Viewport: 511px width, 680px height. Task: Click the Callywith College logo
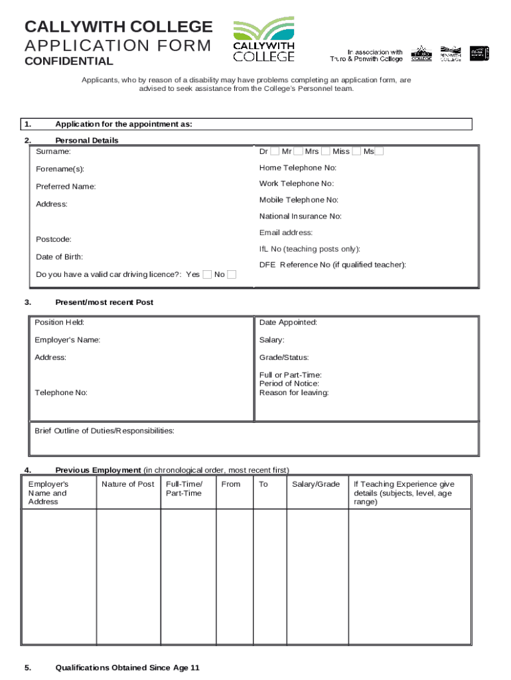click(263, 40)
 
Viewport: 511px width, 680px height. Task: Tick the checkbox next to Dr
click(275, 151)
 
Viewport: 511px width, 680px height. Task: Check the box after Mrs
click(325, 151)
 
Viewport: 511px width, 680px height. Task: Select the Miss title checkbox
click(356, 151)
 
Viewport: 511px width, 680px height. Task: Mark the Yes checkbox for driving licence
click(208, 274)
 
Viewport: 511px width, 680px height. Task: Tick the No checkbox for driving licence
click(232, 274)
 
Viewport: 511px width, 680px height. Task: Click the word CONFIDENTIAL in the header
click(69, 62)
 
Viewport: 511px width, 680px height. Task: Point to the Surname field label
click(54, 152)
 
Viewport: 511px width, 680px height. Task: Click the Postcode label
click(54, 239)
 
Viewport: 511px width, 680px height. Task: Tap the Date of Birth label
click(59, 256)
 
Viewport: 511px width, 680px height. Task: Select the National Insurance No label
click(301, 216)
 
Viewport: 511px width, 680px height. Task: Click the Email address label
click(286, 233)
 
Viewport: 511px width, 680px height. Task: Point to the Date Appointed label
click(288, 323)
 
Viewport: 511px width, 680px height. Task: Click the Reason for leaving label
click(294, 392)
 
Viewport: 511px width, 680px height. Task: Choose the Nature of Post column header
click(128, 484)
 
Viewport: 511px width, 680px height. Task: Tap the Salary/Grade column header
click(316, 484)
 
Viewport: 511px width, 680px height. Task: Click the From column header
click(231, 484)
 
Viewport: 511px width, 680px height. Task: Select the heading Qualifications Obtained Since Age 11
click(127, 668)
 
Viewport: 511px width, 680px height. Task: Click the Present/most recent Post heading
click(104, 302)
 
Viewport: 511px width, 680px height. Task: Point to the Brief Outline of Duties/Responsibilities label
click(104, 431)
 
